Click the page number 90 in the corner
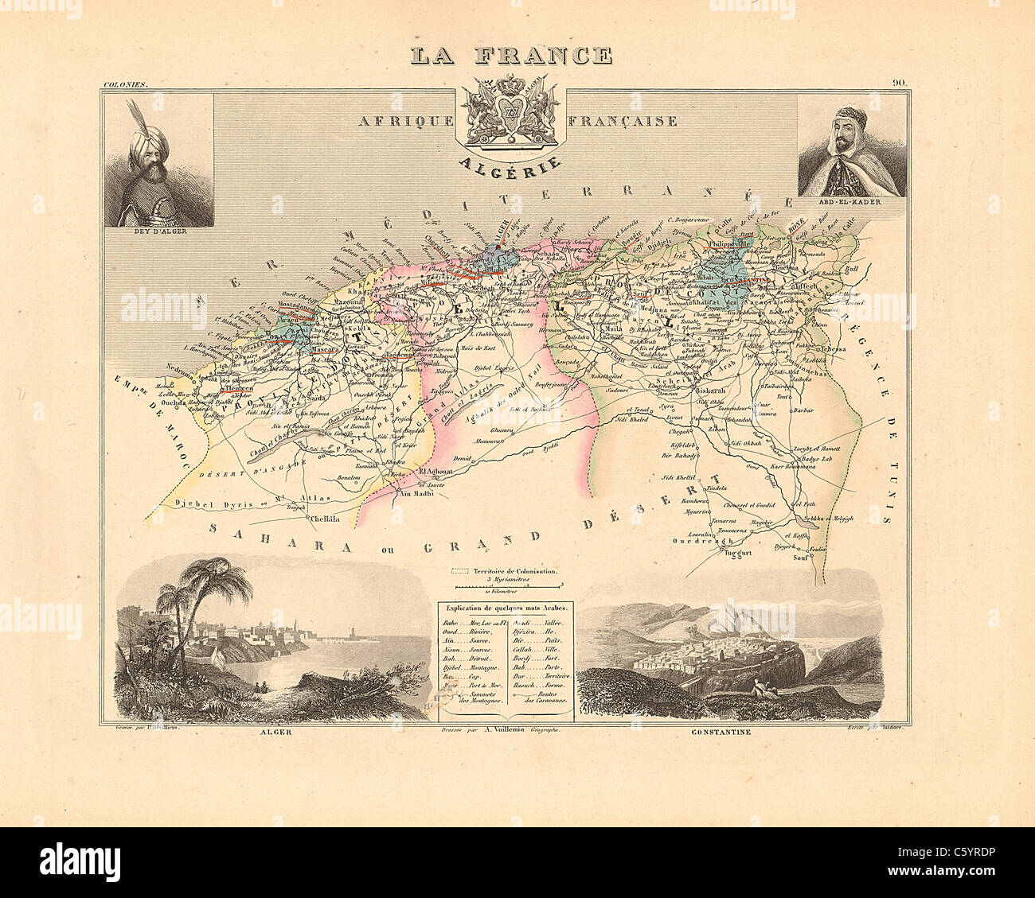tap(900, 82)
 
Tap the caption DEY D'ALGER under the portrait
tap(159, 232)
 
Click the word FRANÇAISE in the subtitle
tap(624, 121)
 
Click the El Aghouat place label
tap(435, 471)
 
